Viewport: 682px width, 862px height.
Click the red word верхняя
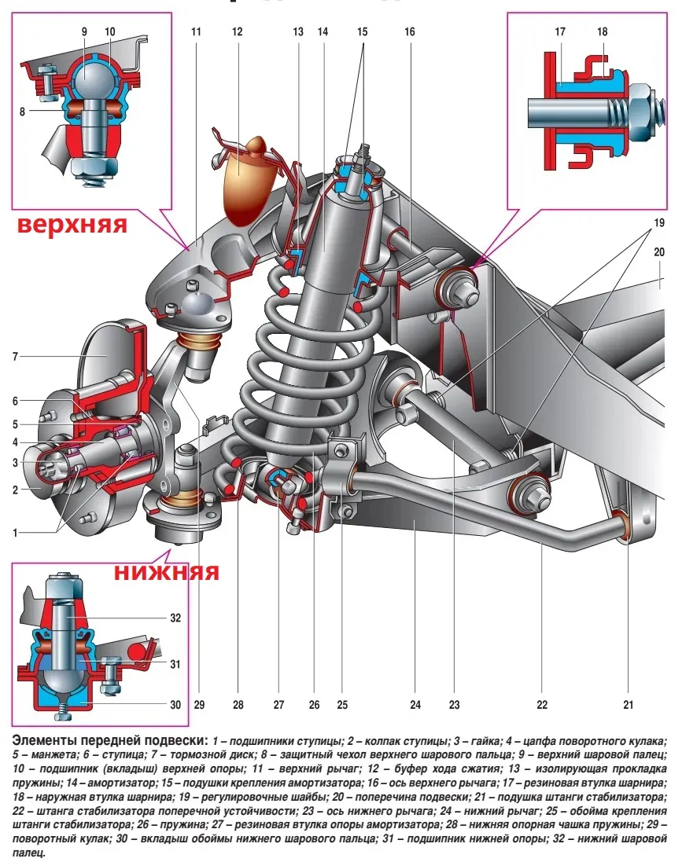click(72, 224)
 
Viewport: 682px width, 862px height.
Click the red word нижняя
click(166, 572)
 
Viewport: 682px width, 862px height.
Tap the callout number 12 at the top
click(237, 31)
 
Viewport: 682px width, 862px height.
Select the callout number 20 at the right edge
click(659, 251)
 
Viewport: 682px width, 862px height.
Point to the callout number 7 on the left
click(16, 356)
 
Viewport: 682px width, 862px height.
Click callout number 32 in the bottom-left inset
click(175, 618)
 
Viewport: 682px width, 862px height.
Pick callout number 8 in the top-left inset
click(22, 112)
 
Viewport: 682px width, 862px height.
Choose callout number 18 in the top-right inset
click(603, 31)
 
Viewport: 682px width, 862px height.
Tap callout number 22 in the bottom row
click(542, 704)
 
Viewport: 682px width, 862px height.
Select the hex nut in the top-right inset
click(640, 113)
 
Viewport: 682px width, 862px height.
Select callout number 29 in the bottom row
click(199, 704)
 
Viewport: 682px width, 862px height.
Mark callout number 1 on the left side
click(16, 532)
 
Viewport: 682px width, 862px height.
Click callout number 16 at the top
click(409, 31)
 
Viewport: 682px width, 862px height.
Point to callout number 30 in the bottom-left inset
click(175, 704)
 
